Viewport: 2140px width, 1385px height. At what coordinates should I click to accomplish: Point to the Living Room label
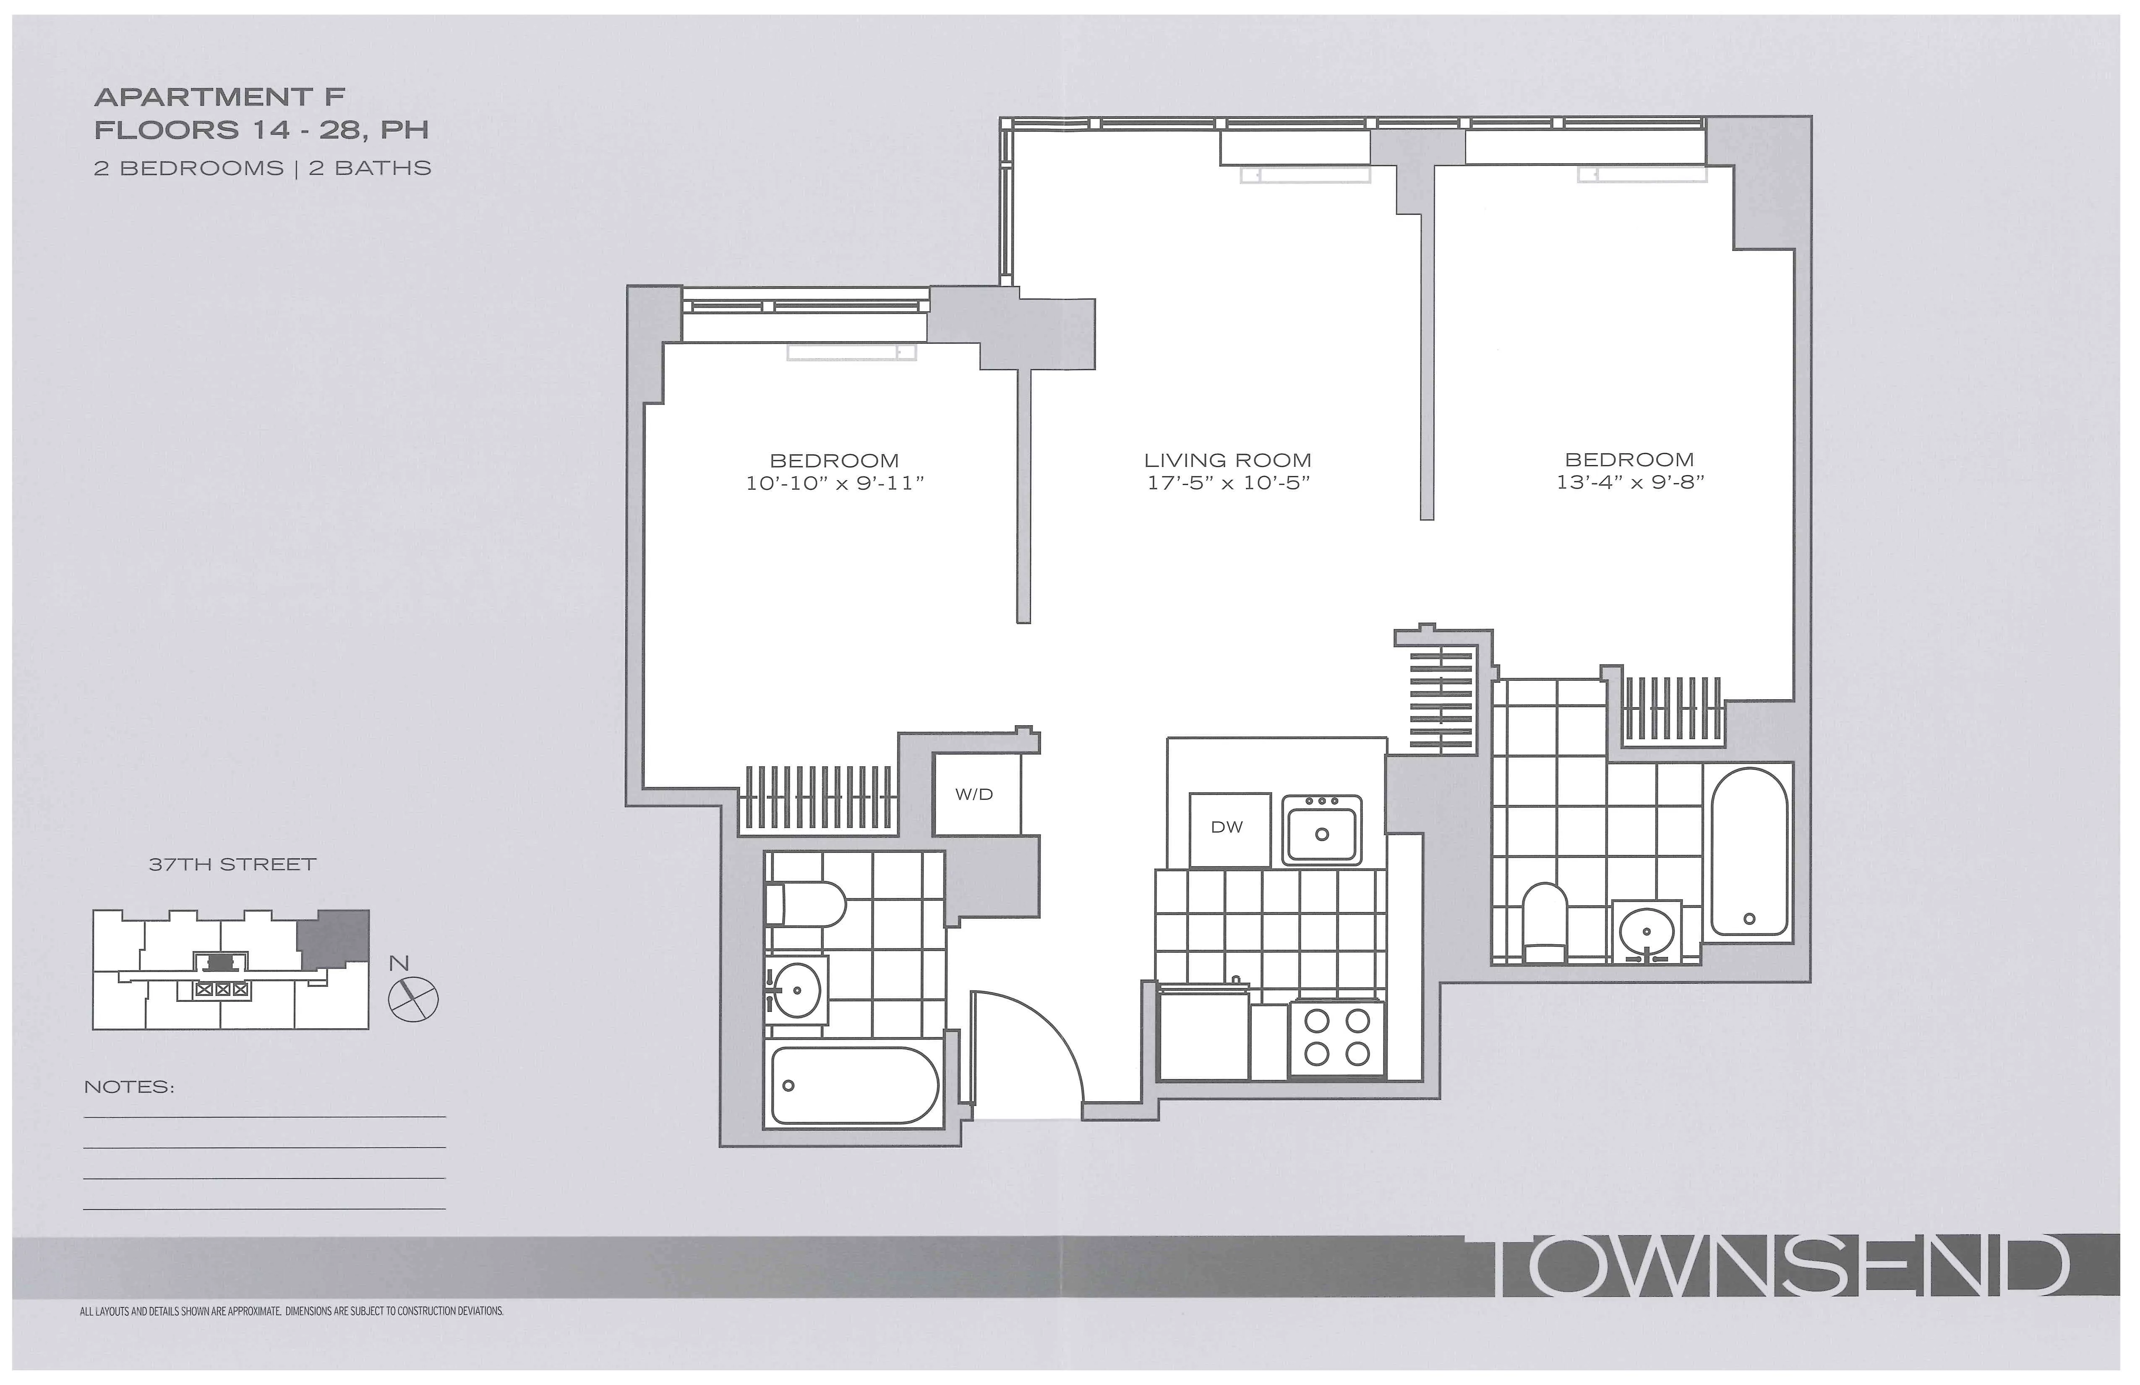click(1227, 460)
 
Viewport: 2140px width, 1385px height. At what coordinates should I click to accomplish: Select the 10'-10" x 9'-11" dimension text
click(835, 484)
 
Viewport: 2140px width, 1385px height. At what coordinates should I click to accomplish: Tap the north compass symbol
click(413, 998)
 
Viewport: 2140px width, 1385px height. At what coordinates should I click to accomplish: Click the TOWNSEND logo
click(1780, 1266)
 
